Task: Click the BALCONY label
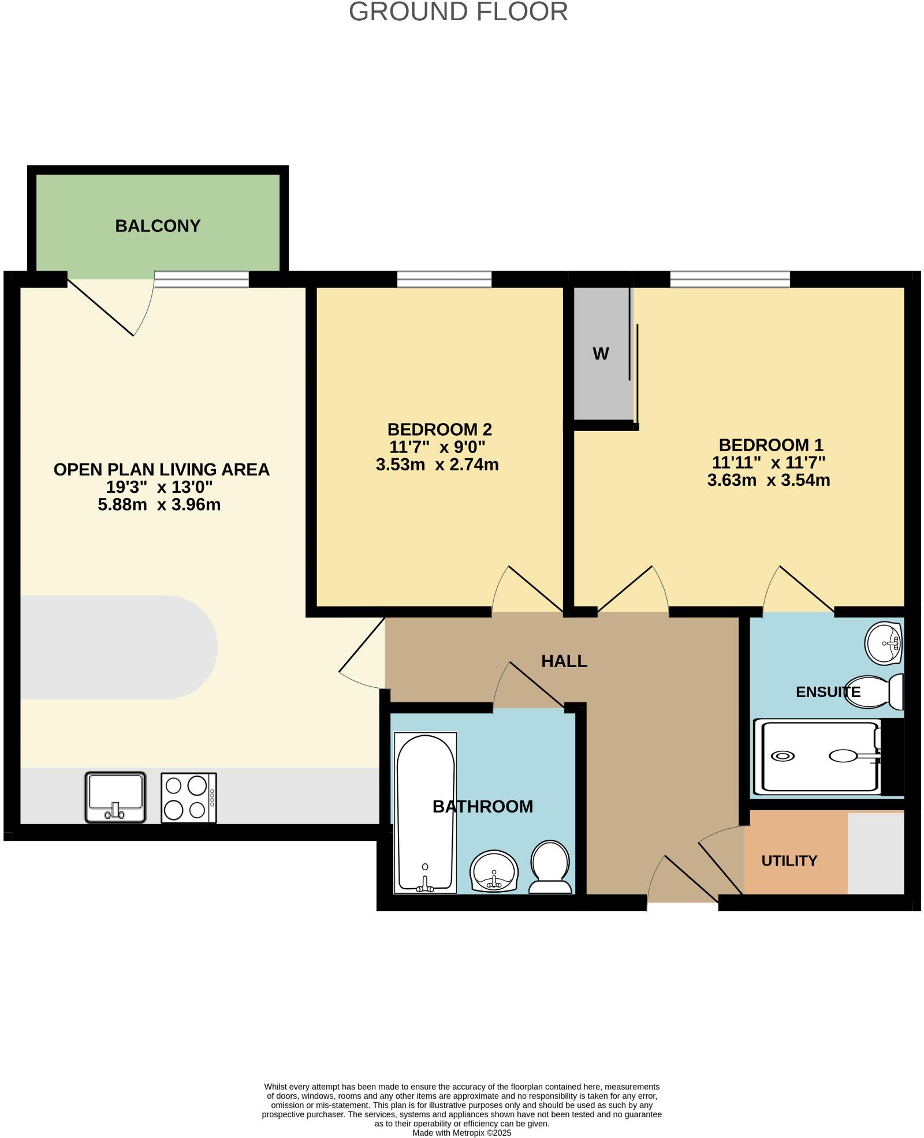[158, 226]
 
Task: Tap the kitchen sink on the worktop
[115, 797]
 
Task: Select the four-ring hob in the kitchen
[188, 798]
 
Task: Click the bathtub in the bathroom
[425, 813]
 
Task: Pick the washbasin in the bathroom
[494, 871]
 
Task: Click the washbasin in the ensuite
[884, 643]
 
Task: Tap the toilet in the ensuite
[878, 691]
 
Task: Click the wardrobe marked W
[601, 354]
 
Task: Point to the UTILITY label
[789, 860]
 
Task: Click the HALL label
[564, 661]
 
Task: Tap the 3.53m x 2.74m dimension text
[437, 465]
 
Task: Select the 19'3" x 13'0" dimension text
[159, 487]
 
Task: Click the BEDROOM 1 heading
[770, 445]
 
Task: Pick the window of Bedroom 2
[444, 280]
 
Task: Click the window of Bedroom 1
[729, 280]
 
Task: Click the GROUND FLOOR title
[458, 12]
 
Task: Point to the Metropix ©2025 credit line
[461, 1133]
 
